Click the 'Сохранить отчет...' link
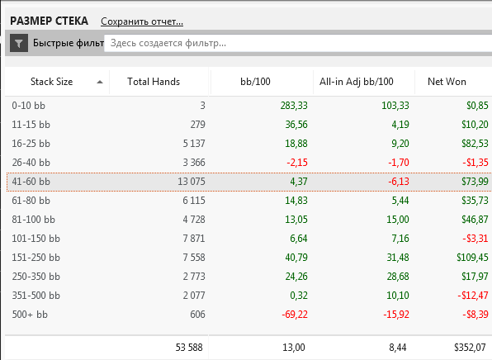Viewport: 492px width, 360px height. point(142,21)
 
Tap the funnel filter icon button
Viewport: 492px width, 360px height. point(19,43)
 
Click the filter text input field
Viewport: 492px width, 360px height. point(298,43)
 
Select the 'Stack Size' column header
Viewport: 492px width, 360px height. point(51,82)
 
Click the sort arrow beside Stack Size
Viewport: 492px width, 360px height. point(100,82)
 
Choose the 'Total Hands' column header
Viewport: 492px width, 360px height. point(154,82)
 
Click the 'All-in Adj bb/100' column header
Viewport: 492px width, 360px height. point(356,82)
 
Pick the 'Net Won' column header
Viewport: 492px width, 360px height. point(447,82)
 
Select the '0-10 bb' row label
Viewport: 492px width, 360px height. point(29,106)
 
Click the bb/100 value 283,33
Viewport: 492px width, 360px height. point(294,106)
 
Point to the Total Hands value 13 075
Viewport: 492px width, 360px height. point(192,182)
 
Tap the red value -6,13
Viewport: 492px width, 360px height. point(399,182)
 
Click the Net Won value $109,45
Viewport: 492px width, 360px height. point(472,258)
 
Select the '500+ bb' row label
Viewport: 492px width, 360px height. point(30,315)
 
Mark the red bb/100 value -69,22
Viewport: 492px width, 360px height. point(295,315)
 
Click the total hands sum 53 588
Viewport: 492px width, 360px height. point(189,348)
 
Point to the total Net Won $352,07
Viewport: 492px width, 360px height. point(470,348)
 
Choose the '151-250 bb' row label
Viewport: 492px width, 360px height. point(35,258)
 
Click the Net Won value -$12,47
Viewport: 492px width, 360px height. point(473,296)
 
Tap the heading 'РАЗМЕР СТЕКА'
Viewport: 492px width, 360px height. point(49,21)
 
